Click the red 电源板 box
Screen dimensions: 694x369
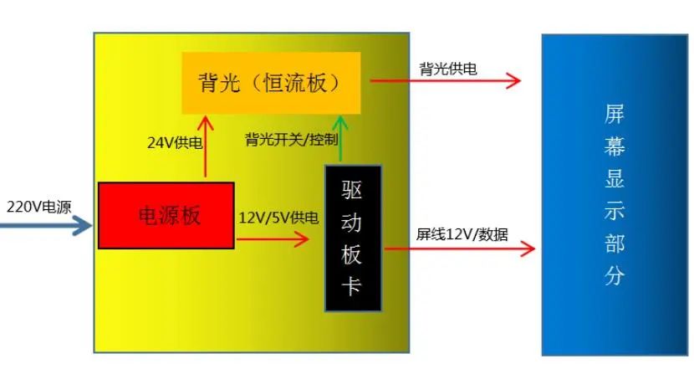tap(166, 215)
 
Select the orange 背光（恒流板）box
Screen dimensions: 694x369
tap(271, 83)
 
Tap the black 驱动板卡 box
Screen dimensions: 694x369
tap(353, 238)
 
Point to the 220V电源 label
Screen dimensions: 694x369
tap(39, 207)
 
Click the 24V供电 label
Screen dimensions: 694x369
tap(175, 142)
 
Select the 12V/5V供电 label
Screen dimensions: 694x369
tap(278, 218)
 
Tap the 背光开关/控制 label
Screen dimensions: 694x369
tap(292, 140)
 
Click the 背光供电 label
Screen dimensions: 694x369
tap(448, 69)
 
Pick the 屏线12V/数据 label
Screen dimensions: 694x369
tap(462, 234)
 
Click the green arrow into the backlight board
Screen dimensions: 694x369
tap(340, 138)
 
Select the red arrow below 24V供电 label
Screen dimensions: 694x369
tap(206, 146)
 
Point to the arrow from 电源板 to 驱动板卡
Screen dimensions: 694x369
tap(273, 239)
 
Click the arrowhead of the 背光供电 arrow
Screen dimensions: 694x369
tap(513, 80)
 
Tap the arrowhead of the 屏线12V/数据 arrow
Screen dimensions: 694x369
tap(528, 249)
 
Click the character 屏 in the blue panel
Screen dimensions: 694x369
tap(615, 114)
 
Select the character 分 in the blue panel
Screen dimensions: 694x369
tap(615, 274)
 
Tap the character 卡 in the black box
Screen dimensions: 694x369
tap(352, 284)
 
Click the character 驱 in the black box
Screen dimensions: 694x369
tap(352, 190)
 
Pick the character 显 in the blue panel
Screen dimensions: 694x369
tap(615, 178)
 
